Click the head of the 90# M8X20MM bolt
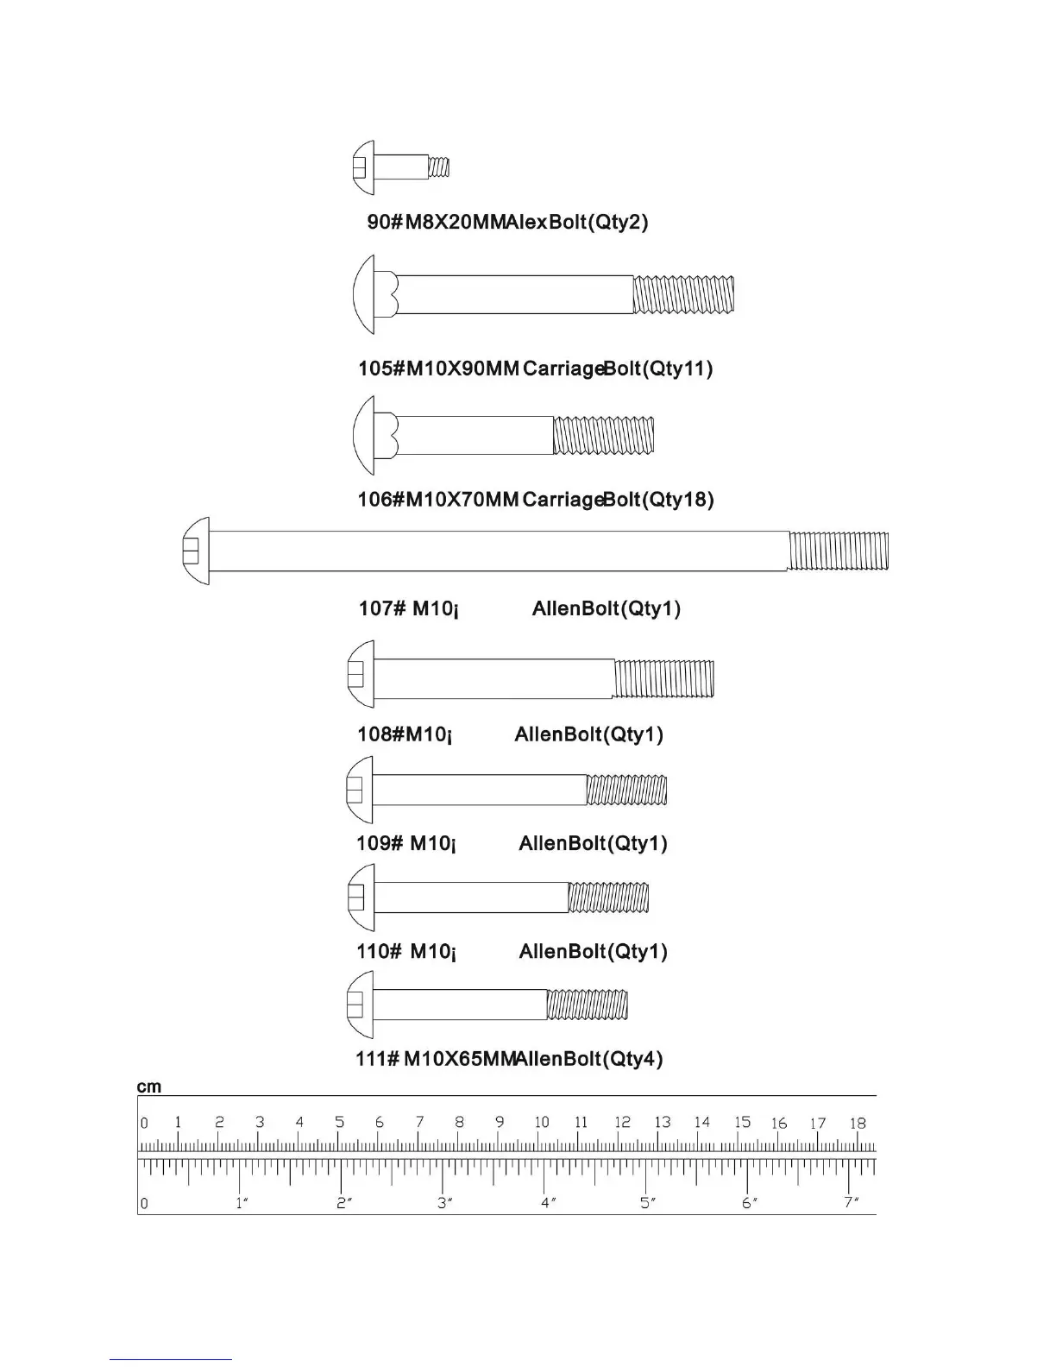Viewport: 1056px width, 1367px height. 363,167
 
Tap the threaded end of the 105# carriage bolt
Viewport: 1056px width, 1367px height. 683,294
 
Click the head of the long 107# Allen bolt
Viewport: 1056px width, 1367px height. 196,551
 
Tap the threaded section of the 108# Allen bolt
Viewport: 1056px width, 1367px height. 663,678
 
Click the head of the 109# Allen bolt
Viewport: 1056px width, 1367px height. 359,790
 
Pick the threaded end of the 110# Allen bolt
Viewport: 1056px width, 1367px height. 608,898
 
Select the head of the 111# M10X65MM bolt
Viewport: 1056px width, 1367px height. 360,1005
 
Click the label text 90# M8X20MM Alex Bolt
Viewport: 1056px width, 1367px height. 507,222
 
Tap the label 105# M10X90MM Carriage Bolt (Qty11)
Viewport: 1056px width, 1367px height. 535,369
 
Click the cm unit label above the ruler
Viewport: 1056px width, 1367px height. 148,1087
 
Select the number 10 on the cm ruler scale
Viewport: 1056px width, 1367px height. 541,1122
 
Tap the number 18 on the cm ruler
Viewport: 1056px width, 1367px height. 857,1123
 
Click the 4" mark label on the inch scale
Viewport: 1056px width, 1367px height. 547,1202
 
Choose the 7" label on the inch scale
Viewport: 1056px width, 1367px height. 852,1202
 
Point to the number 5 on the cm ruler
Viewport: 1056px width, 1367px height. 340,1122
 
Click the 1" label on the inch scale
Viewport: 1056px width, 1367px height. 242,1203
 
